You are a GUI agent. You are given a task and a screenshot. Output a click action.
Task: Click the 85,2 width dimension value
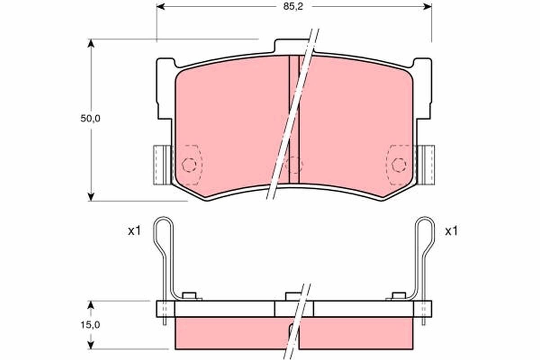293,7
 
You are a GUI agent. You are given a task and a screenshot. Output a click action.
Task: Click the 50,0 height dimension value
90,118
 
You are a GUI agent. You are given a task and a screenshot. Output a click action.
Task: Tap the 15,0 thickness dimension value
90,325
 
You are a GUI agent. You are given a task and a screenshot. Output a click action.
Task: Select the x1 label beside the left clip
134,231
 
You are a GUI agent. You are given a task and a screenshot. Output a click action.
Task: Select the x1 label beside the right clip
451,231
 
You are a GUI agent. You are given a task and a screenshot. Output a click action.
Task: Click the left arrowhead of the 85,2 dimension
161,7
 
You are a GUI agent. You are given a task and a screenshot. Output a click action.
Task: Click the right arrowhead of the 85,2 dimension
427,7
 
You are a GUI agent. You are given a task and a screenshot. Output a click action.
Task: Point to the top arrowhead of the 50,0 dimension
90,43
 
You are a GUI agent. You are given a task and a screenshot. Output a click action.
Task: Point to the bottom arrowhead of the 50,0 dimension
90,197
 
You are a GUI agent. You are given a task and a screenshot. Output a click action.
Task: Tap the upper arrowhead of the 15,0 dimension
90,305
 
